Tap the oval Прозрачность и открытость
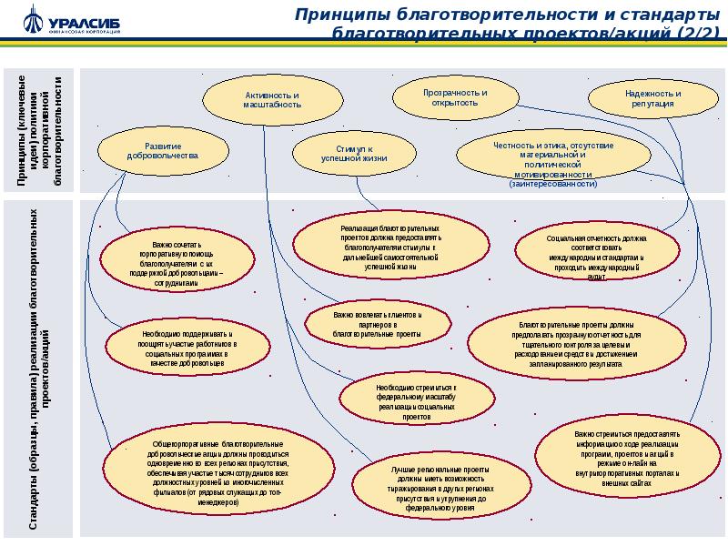455,97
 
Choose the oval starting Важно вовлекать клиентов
378,324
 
